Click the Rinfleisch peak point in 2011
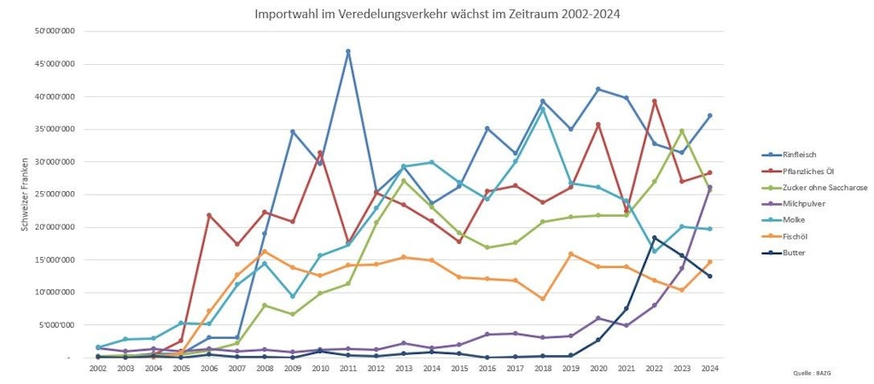(348, 51)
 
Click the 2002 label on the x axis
(98, 367)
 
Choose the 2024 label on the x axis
(709, 367)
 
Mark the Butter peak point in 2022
(654, 237)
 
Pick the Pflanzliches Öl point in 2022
(654, 101)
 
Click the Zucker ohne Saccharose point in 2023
(682, 131)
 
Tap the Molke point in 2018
(543, 108)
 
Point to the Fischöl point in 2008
(265, 251)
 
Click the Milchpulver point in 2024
(709, 188)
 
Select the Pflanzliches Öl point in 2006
(209, 215)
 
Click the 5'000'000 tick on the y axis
(60, 325)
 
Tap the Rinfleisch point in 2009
(293, 131)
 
